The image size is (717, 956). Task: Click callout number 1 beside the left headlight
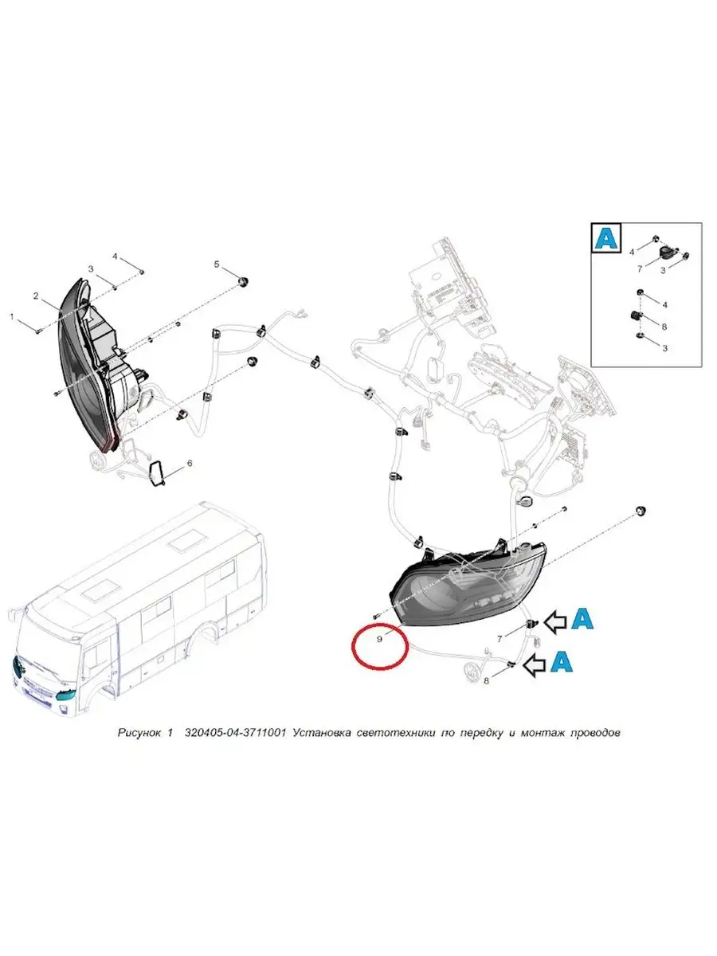(x=12, y=317)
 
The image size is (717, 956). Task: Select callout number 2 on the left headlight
(x=36, y=296)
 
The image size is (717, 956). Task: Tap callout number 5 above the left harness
(x=215, y=264)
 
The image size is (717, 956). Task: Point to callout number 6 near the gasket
(x=189, y=463)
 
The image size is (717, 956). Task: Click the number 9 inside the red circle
(x=380, y=638)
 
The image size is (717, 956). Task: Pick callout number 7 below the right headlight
(x=500, y=639)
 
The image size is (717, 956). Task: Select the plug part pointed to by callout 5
(x=245, y=280)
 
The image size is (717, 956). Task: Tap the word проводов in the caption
(x=589, y=731)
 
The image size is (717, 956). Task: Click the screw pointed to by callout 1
(x=38, y=328)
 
